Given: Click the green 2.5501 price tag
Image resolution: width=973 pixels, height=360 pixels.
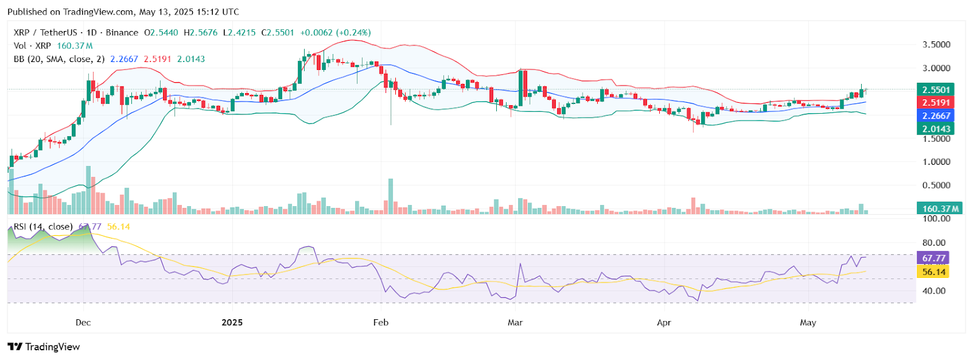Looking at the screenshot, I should [935, 90].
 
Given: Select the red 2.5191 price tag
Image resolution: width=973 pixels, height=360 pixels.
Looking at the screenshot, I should [935, 103].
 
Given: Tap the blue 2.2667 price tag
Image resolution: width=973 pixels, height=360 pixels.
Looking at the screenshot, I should [935, 116].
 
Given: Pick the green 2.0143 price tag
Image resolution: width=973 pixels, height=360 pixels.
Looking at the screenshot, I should [935, 128].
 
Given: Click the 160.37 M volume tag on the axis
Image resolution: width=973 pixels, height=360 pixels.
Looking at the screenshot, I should [940, 209].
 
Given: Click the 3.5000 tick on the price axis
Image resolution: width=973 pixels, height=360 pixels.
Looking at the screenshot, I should [936, 45].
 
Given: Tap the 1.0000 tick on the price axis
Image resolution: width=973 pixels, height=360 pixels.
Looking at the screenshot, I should [936, 162].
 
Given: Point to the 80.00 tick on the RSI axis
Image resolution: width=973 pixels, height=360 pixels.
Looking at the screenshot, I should [934, 243].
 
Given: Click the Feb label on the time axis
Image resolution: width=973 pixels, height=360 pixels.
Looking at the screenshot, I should [381, 322].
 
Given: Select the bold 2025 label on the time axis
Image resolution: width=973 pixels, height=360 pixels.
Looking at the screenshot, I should [232, 322].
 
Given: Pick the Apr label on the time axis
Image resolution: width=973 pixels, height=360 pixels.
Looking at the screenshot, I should [663, 322].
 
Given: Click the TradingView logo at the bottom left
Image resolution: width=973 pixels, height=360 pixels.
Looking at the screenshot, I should [44, 347].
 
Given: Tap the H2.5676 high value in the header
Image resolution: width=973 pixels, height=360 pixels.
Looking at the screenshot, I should [200, 32].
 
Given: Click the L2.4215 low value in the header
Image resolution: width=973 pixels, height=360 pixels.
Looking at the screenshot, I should [239, 32].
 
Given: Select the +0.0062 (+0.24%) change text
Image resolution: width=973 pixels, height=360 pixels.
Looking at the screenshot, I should [335, 32].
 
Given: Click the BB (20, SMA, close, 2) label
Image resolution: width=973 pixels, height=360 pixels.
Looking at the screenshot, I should [59, 59].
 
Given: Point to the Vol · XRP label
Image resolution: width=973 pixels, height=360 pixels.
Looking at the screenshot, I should [32, 46].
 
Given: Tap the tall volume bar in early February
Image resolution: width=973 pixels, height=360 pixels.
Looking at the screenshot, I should [390, 196].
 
